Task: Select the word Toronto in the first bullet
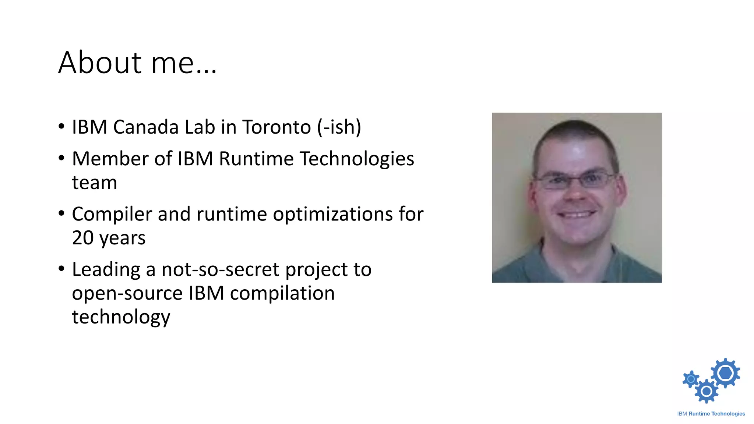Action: coord(276,127)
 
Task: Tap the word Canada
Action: coord(146,127)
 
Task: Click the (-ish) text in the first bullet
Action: coord(339,127)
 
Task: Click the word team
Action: coord(94,183)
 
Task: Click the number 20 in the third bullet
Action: coord(82,238)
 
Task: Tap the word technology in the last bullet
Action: coord(121,317)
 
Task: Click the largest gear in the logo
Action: coord(725,373)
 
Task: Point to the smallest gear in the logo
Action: coord(691,379)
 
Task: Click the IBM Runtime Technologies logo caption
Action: coord(711,414)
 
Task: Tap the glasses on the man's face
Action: coord(575,180)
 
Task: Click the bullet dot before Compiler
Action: coord(61,213)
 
